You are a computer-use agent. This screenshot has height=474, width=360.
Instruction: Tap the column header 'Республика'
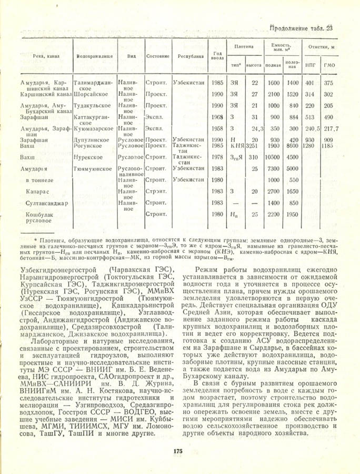(191, 55)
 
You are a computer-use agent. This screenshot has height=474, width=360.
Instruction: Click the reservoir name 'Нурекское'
(89, 157)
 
